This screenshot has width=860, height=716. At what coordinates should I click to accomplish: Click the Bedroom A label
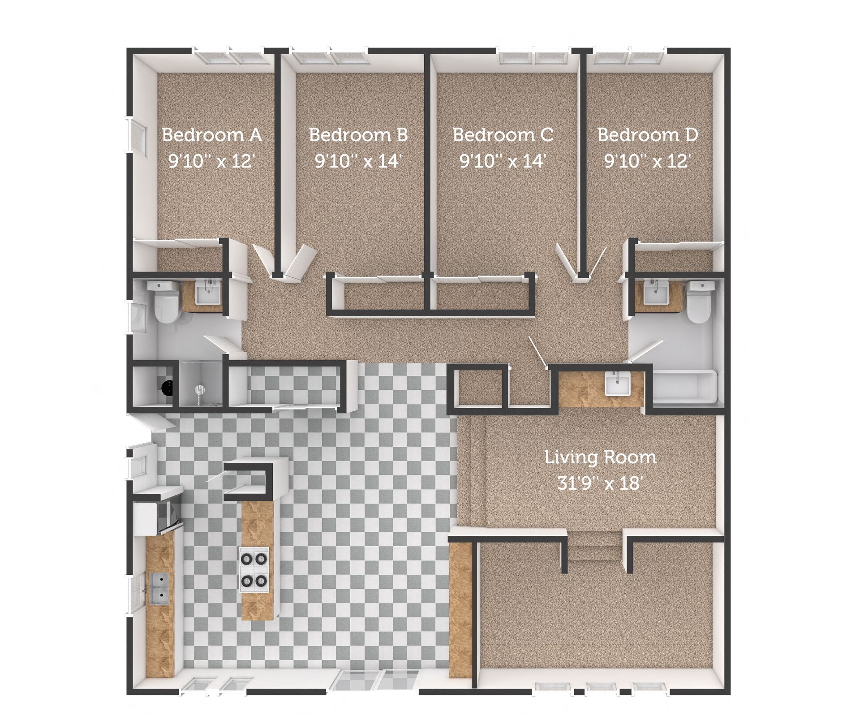(211, 134)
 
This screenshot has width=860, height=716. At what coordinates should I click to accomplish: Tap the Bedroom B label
(358, 134)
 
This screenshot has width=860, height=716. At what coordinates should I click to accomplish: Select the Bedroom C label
(503, 134)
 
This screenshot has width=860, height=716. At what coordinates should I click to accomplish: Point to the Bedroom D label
(648, 134)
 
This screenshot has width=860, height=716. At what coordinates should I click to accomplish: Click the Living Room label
(600, 457)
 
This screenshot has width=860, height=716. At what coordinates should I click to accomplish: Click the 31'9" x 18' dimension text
(600, 483)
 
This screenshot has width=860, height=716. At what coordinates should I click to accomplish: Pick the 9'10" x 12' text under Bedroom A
(211, 160)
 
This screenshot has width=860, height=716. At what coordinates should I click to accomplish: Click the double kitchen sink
(159, 588)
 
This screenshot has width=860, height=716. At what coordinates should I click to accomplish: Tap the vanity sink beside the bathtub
(617, 385)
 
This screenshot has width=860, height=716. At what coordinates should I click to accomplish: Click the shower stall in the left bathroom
(200, 384)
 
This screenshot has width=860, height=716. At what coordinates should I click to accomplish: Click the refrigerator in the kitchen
(157, 515)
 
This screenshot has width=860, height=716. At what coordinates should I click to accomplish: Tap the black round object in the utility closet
(168, 388)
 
